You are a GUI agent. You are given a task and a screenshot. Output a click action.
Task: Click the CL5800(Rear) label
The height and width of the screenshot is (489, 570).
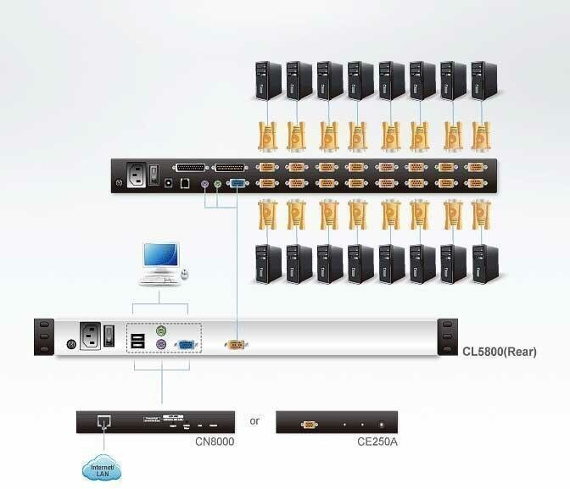500,351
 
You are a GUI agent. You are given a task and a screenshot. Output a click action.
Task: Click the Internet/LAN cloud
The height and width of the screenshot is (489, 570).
102,467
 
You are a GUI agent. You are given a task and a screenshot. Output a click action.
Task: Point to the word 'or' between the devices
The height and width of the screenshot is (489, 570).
254,421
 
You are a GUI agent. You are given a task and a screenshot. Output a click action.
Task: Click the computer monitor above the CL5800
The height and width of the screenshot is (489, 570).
161,257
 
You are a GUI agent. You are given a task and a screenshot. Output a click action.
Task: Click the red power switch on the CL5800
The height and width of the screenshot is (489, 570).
109,336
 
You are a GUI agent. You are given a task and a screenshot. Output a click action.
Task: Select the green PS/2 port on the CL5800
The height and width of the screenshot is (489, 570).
161,329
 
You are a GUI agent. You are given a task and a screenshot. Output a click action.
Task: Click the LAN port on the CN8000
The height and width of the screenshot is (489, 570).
103,421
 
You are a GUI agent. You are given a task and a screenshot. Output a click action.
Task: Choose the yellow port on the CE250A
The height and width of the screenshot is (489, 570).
309,423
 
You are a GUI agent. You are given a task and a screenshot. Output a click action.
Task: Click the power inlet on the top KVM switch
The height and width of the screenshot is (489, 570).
136,175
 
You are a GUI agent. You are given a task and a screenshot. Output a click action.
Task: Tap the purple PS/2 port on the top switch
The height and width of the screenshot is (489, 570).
204,182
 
